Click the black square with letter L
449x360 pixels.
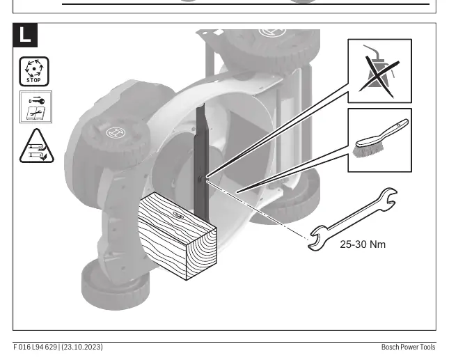25,35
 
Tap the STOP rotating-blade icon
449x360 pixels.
34,71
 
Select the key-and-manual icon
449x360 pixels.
36,107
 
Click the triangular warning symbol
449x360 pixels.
37,147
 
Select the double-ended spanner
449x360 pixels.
352,219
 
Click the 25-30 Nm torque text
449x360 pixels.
363,244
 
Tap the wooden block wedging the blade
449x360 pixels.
178,235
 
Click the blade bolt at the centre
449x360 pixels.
201,179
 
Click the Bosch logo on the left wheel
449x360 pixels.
116,133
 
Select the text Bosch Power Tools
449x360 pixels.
408,347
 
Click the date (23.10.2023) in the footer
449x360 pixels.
81,347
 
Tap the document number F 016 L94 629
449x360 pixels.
35,347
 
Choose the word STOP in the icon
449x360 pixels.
33,80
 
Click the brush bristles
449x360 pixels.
368,150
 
